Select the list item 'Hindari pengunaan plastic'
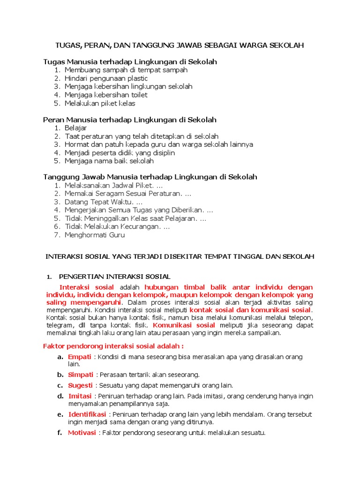pyautogui.click(x=106, y=78)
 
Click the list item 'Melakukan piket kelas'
pyautogui.click(x=100, y=104)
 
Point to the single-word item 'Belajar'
pyautogui.click(x=76, y=128)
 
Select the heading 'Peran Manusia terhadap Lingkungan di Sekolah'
pyautogui.click(x=130, y=120)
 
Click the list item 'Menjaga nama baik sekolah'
pyautogui.click(x=109, y=161)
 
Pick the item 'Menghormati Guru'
pyautogui.click(x=95, y=235)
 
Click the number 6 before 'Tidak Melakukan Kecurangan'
pyautogui.click(x=57, y=227)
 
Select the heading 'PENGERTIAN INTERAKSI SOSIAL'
pyautogui.click(x=114, y=277)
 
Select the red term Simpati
pyautogui.click(x=81, y=375)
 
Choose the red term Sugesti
pyautogui.click(x=80, y=385)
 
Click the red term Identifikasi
pyautogui.click(x=87, y=414)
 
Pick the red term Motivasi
pyautogui.click(x=82, y=433)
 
